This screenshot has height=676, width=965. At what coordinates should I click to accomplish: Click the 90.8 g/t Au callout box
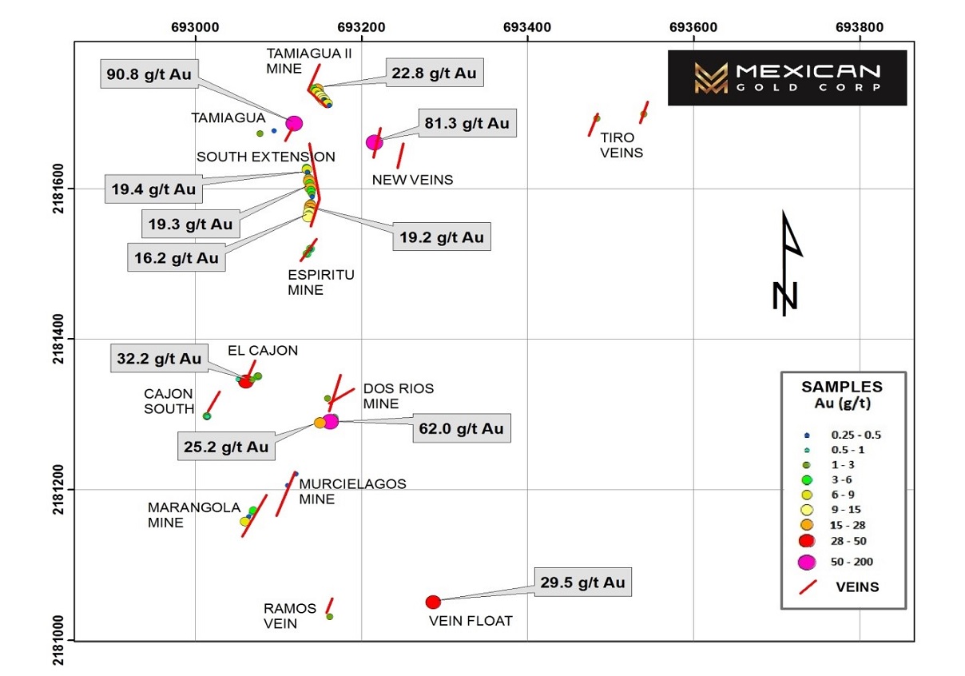(149, 74)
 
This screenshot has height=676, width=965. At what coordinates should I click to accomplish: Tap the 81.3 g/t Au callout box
(467, 123)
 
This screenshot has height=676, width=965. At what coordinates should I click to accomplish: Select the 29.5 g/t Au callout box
(583, 582)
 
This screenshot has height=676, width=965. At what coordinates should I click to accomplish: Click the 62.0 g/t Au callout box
(462, 428)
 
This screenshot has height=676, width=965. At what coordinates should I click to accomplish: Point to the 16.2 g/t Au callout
(177, 257)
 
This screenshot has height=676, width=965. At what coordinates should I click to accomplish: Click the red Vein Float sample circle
(433, 602)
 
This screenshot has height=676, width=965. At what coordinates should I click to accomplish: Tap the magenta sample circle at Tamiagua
(294, 124)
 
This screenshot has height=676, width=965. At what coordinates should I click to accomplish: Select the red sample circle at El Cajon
(245, 382)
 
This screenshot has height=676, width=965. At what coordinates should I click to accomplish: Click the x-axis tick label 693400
(527, 27)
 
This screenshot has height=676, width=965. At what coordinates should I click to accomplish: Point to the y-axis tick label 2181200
(58, 490)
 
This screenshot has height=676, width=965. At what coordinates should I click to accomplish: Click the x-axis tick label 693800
(860, 27)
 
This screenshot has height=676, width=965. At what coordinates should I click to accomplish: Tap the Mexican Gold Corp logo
(787, 78)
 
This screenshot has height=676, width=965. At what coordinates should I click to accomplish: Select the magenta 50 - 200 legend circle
(807, 563)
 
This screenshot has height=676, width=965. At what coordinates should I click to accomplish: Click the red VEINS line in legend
(808, 587)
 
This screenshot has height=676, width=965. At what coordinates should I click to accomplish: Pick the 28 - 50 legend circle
(807, 541)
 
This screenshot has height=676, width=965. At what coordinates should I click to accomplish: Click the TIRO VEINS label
(621, 145)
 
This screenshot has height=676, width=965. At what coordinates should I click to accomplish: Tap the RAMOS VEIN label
(290, 616)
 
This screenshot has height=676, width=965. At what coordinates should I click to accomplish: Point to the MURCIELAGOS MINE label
(352, 491)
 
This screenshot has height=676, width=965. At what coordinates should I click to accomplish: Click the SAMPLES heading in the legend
(842, 387)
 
